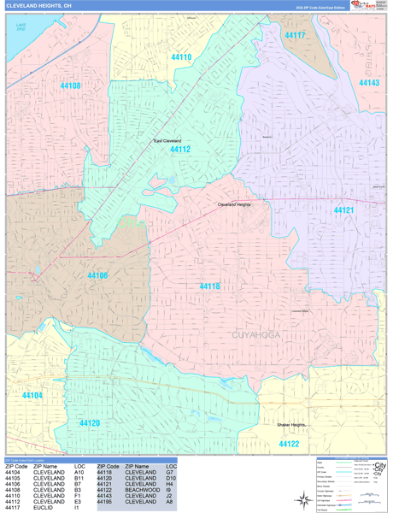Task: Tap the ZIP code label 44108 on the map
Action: coord(70,85)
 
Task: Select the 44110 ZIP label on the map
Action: coord(179,57)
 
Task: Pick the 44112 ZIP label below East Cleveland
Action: coord(179,149)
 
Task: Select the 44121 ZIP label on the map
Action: coord(343,209)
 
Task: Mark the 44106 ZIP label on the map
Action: coord(97,275)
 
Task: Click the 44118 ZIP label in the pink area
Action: coord(210,286)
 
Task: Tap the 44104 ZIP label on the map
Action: coord(32,395)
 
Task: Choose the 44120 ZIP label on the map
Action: coord(90,422)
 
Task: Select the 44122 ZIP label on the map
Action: coord(289,444)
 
